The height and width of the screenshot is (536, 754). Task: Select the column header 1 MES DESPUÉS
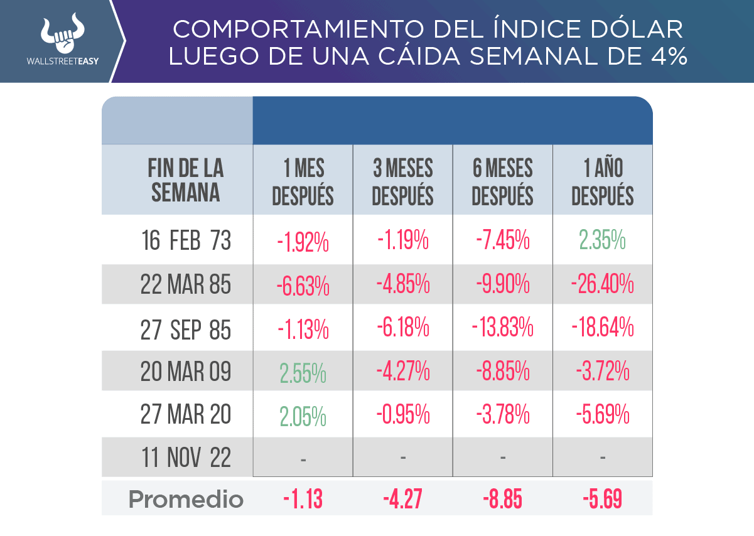click(x=303, y=181)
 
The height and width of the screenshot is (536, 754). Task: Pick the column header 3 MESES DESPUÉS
click(x=402, y=181)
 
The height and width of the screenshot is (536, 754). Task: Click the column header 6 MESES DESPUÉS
click(x=502, y=181)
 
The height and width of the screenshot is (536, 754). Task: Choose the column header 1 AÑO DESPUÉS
click(x=603, y=181)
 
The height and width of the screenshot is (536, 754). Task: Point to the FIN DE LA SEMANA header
click(x=186, y=180)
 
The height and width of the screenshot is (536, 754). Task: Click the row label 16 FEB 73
click(x=186, y=241)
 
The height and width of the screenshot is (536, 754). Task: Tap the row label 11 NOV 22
click(x=186, y=458)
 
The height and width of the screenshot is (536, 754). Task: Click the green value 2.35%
click(x=601, y=241)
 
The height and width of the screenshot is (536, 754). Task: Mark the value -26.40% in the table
click(x=602, y=286)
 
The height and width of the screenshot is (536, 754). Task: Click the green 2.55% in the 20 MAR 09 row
click(x=303, y=373)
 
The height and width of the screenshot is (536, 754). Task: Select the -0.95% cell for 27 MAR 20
click(x=402, y=415)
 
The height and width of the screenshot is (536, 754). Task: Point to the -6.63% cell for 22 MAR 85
click(x=303, y=286)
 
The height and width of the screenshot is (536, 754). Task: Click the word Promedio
click(x=186, y=500)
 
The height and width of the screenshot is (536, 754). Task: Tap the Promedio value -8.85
click(x=503, y=500)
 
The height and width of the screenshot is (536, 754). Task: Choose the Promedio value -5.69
click(x=602, y=500)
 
